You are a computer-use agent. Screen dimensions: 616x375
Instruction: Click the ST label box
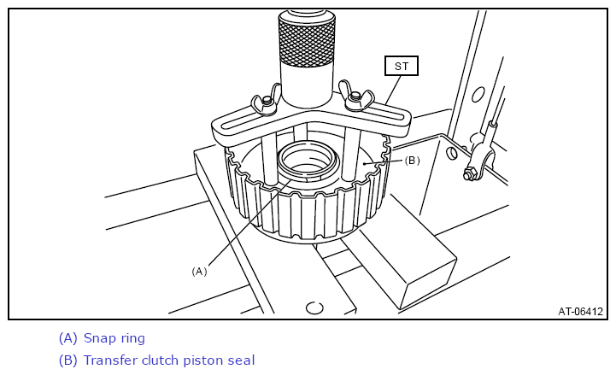pos(401,66)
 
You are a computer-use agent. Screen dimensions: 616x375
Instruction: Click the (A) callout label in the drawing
pos(199,272)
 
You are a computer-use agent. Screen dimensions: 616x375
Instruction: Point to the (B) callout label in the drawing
pos(412,161)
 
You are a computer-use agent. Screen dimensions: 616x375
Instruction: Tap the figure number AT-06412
pos(580,312)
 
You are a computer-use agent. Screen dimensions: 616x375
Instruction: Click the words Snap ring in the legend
pos(114,338)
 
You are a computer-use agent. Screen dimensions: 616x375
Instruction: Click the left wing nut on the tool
pos(266,102)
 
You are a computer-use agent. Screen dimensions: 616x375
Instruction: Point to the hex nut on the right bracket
pos(469,173)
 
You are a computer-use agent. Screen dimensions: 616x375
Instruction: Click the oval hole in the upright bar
pos(478,95)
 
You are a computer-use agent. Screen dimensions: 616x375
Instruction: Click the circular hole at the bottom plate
pos(314,308)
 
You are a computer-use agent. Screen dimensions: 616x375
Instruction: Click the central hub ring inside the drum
pos(308,161)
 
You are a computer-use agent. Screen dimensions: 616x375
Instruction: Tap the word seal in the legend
pos(242,360)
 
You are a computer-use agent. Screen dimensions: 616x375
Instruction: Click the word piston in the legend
pos(204,360)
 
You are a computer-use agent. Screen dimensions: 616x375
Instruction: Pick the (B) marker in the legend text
pos(68,360)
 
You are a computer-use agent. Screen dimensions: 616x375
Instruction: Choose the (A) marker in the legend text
pos(68,338)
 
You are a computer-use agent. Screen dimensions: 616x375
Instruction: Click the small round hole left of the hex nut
pos(452,153)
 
